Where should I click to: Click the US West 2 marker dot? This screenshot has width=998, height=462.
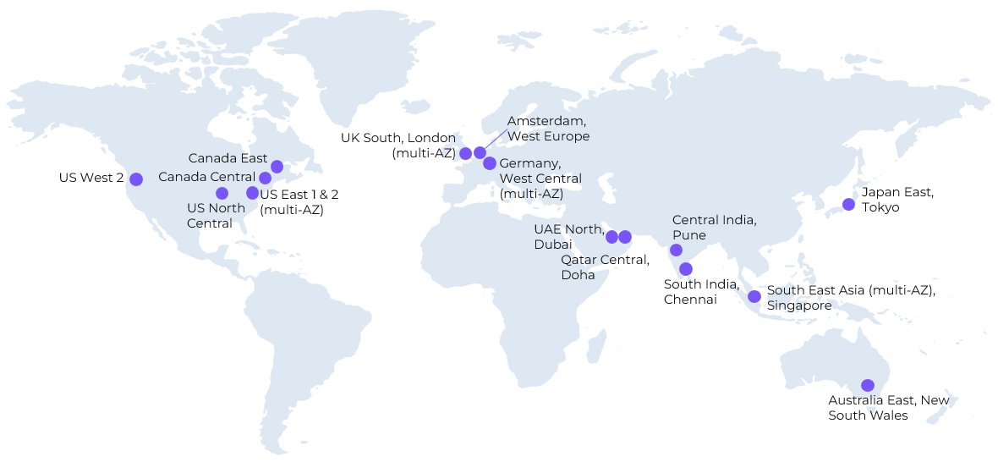(136, 179)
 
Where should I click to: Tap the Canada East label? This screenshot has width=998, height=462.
(228, 158)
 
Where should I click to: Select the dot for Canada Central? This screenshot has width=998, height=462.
(265, 178)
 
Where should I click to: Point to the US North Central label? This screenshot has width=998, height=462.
(216, 216)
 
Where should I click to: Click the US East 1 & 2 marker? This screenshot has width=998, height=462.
(252, 193)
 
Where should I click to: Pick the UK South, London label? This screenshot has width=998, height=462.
(398, 145)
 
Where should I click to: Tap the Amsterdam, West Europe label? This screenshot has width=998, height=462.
(548, 129)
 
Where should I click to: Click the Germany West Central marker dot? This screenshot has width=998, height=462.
(489, 163)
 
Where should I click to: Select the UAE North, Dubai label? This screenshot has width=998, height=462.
(568, 236)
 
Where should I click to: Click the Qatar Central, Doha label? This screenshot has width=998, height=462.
(605, 267)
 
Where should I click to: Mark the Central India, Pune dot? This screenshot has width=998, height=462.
(676, 250)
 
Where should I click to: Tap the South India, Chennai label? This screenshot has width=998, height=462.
(702, 292)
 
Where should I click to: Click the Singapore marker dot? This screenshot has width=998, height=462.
(754, 296)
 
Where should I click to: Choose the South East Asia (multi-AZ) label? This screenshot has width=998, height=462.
(851, 290)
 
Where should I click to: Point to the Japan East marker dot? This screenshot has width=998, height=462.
(848, 204)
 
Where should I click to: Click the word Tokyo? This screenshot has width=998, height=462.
(880, 207)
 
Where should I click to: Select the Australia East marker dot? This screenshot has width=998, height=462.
(867, 385)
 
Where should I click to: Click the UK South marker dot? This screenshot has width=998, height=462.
(465, 153)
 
